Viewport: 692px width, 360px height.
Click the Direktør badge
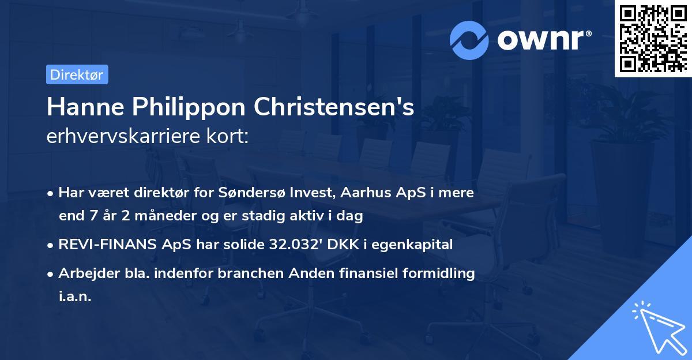click(x=77, y=74)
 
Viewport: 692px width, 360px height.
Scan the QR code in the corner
click(x=652, y=39)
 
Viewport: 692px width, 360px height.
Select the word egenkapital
click(x=417, y=245)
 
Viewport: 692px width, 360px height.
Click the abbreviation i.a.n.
click(x=75, y=297)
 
